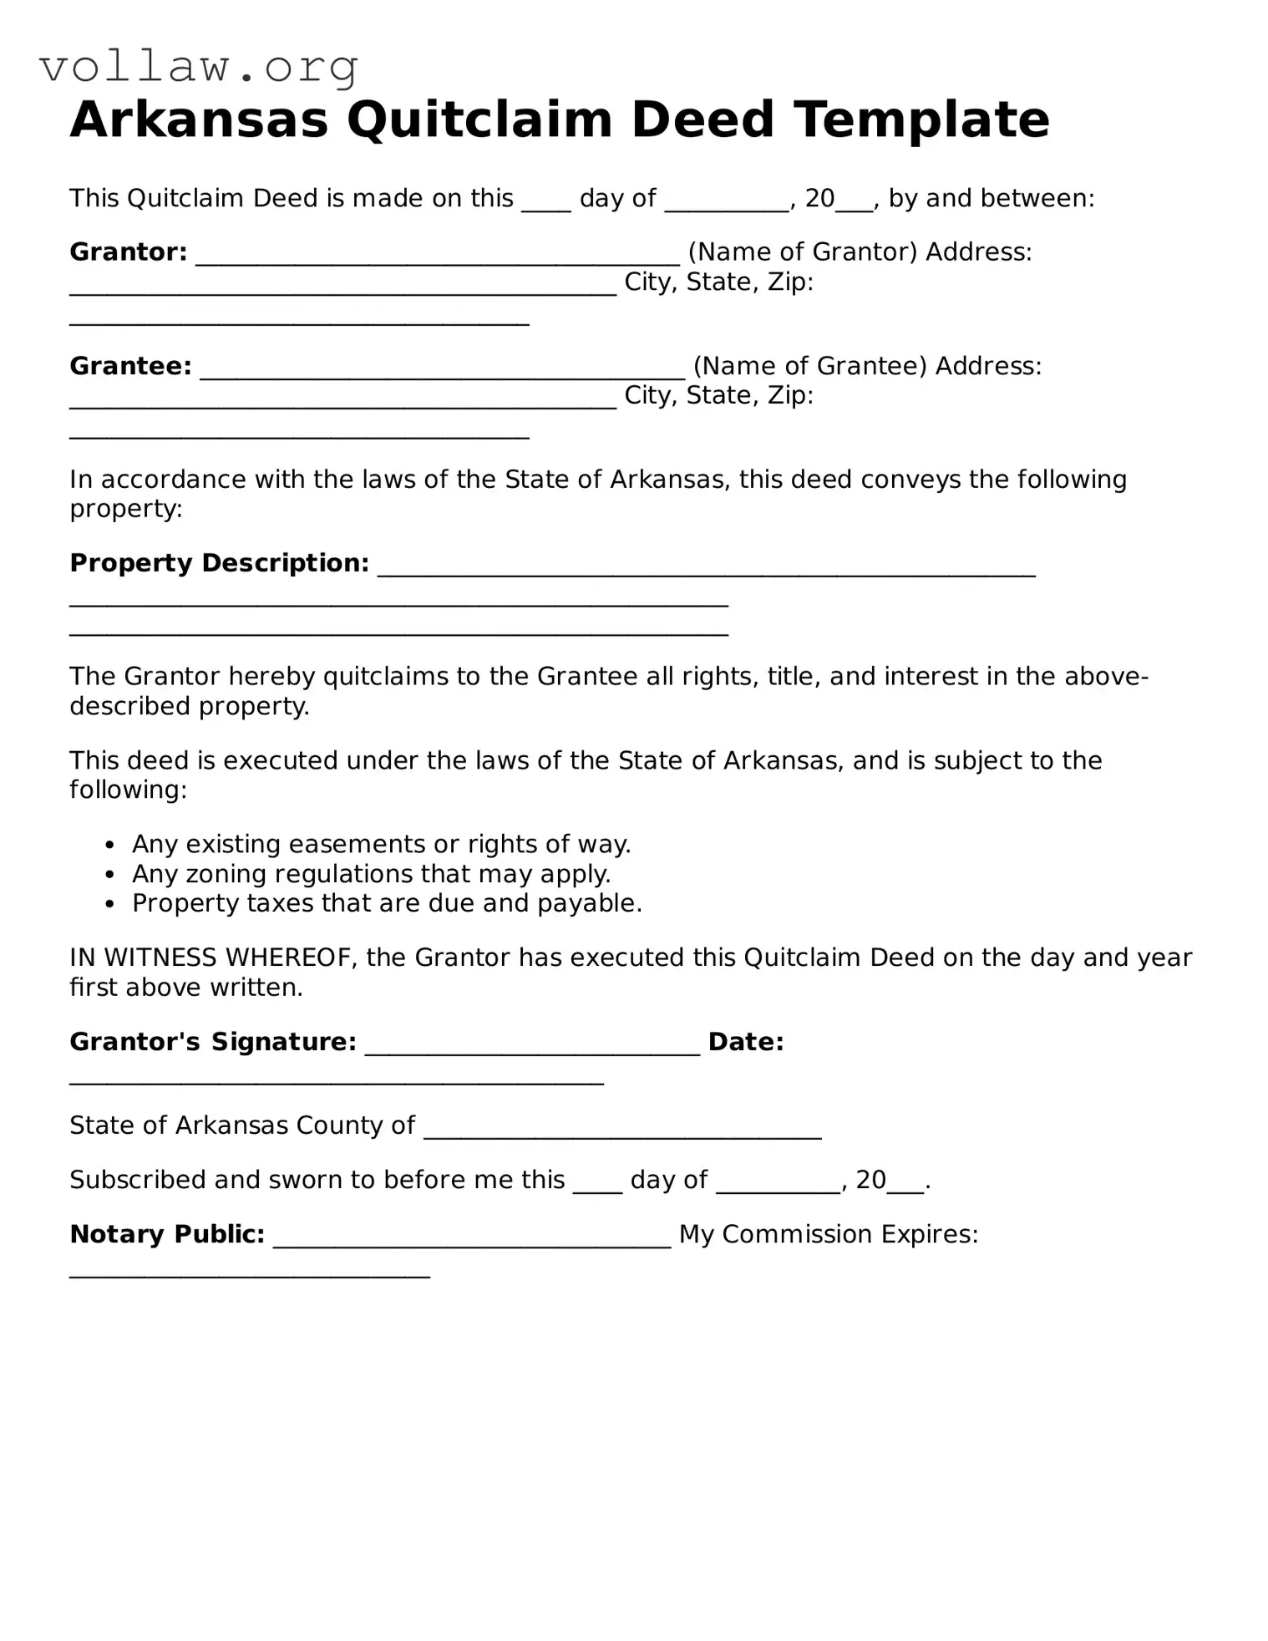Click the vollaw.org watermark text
tap(199, 67)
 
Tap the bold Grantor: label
tap(128, 252)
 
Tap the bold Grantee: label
tap(130, 366)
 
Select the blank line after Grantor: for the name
tap(438, 257)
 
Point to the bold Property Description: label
tap(219, 563)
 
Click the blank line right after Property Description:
tap(706, 570)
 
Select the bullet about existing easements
tap(381, 844)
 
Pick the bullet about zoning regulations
tap(371, 874)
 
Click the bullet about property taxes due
tap(386, 903)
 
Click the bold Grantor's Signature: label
tap(213, 1042)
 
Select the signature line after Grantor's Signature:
tap(532, 1048)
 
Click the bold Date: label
tap(745, 1042)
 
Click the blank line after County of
tap(622, 1131)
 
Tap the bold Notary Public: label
tap(167, 1234)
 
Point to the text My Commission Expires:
tap(828, 1234)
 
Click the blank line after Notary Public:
tap(472, 1240)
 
